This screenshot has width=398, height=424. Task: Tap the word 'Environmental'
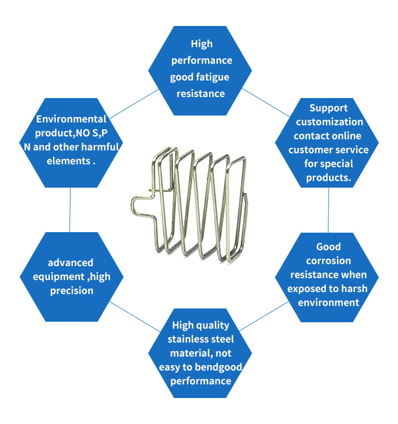coord(71,119)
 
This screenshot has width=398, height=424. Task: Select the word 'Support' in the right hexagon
coord(328,108)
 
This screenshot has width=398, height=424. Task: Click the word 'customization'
coord(330,122)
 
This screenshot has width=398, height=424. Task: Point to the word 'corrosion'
coord(328,261)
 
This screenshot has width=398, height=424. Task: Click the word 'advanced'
coord(71,262)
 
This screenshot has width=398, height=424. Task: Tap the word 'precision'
coord(72,291)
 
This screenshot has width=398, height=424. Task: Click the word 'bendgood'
coord(218,367)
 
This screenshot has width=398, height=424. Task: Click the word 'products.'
coord(328,178)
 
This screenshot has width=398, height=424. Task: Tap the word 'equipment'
coord(59,277)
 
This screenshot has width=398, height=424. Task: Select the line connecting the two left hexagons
coord(70,210)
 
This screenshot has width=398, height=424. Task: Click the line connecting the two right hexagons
coord(328,210)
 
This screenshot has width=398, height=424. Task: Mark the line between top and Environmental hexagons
coord(134,104)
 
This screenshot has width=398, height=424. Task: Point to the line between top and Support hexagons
coord(266,102)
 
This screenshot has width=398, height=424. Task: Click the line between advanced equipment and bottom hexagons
coord(135,316)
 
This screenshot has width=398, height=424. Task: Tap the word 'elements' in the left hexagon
coord(68,161)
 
